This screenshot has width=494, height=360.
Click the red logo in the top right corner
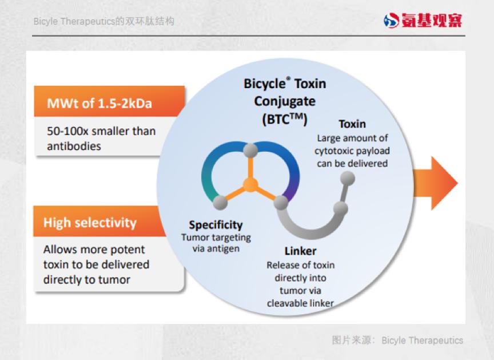pyautogui.click(x=423, y=20)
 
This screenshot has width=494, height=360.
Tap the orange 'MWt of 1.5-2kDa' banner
pyautogui.click(x=109, y=101)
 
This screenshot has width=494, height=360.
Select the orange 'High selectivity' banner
pyautogui.click(x=99, y=221)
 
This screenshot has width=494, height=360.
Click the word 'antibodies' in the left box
pyautogui.click(x=74, y=147)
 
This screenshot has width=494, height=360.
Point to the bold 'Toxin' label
pyautogui.click(x=352, y=124)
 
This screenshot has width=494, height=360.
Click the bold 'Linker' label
pyautogui.click(x=300, y=251)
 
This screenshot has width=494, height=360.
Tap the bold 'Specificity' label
pyautogui.click(x=216, y=225)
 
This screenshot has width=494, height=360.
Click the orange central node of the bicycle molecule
pyautogui.click(x=250, y=185)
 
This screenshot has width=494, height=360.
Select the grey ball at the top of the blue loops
pyautogui.click(x=250, y=150)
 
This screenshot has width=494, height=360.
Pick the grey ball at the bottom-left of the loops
pyautogui.click(x=220, y=203)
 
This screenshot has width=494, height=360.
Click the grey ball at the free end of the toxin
pyautogui.click(x=348, y=179)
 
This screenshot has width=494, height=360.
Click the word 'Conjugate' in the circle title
pyautogui.click(x=285, y=101)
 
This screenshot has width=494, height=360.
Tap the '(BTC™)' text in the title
pyautogui.click(x=285, y=119)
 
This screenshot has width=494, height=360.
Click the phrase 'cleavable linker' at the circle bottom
pyautogui.click(x=300, y=303)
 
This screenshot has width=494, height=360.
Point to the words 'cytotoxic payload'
pyautogui.click(x=352, y=151)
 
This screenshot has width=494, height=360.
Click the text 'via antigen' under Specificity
pyautogui.click(x=216, y=248)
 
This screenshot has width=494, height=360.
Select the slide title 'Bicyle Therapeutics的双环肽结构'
pyautogui.click(x=103, y=21)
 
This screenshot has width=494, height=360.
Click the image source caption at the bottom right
pyautogui.click(x=397, y=340)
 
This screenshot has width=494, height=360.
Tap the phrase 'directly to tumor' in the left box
pyautogui.click(x=87, y=280)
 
